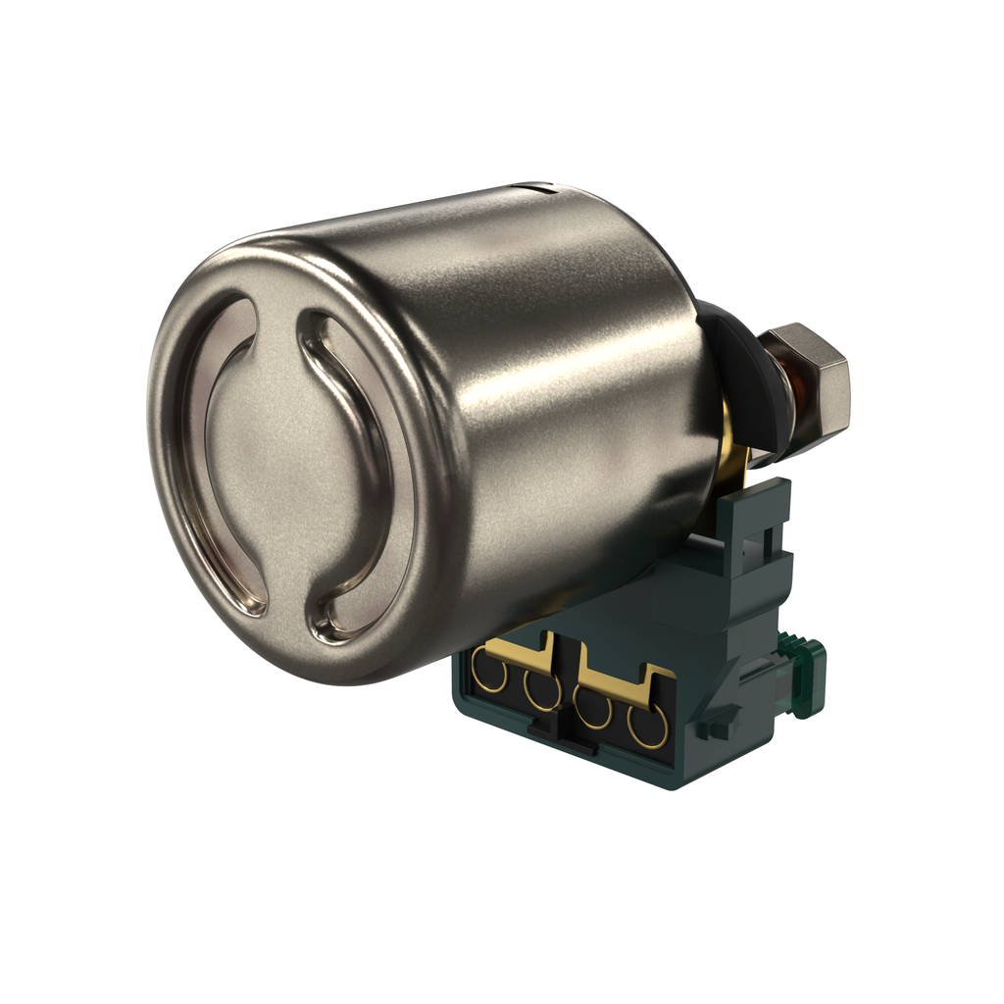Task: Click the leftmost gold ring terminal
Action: pos(490,674)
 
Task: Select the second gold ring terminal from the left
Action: pos(540,689)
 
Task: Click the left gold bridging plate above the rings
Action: pos(520,647)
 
